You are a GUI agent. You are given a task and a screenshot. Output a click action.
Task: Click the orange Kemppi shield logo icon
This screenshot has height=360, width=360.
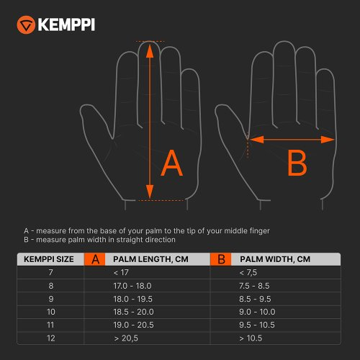[26, 25]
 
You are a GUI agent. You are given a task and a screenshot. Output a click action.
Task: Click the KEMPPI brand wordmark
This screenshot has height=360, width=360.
[66, 24]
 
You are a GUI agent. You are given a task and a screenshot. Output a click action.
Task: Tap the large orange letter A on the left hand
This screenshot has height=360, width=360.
[171, 163]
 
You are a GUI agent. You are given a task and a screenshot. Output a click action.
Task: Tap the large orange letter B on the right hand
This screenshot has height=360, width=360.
[297, 163]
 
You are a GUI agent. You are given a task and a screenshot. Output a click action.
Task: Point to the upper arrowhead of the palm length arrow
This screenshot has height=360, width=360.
[150, 51]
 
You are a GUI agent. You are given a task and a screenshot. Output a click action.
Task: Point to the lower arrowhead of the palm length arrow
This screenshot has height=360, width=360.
[150, 192]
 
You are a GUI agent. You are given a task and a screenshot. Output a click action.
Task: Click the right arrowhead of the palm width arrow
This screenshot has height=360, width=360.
[328, 140]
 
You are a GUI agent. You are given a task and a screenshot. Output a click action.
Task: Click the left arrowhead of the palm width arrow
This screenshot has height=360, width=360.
[256, 140]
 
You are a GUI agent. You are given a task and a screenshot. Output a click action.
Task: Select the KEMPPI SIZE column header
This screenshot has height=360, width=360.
[49, 259]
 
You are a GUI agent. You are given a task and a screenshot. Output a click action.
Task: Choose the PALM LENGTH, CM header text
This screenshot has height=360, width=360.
[150, 259]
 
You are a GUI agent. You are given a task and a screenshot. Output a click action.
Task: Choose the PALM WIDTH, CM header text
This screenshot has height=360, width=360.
[275, 259]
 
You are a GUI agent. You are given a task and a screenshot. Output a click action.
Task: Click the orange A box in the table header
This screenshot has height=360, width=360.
[95, 259]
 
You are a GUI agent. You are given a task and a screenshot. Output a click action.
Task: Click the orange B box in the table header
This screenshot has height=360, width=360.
[221, 259]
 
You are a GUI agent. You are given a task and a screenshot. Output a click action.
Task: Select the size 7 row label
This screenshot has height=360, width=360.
[50, 272]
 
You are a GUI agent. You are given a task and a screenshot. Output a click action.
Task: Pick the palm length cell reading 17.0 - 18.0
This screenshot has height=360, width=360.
[132, 286]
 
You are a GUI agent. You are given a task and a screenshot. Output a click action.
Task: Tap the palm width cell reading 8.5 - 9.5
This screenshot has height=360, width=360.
[255, 299]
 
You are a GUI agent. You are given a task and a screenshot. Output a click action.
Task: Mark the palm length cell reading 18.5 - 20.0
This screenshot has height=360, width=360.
[133, 312]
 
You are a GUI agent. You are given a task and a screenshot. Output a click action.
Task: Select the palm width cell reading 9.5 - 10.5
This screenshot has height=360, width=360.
[257, 325]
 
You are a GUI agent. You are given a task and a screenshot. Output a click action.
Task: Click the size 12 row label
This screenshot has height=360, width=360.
[51, 338]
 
